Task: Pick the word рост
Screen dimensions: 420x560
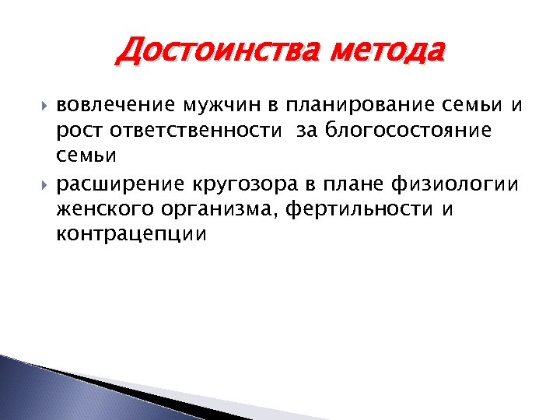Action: [x=80, y=131]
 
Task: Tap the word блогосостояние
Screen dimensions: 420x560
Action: [x=405, y=131]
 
